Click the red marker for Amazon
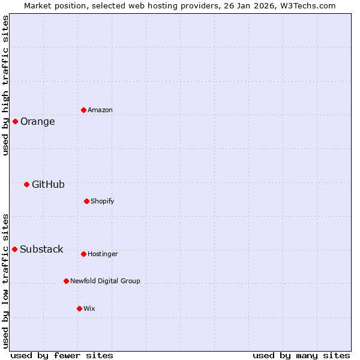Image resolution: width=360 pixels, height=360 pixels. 83,110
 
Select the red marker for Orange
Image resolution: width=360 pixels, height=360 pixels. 15,121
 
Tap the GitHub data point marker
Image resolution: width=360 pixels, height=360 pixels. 26,184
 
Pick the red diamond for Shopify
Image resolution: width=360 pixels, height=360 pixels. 86,201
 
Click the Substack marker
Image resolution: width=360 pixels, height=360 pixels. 14,249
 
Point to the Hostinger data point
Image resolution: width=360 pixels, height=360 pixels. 83,254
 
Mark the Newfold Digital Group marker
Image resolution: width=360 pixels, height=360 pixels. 66,281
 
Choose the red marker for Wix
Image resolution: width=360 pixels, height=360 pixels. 79,308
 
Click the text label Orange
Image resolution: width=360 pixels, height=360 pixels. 37,122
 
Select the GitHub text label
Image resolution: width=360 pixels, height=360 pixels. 48,185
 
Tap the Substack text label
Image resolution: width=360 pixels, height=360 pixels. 41,250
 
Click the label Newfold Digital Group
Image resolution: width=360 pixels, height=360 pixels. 105,281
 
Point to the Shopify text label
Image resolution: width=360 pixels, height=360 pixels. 102,201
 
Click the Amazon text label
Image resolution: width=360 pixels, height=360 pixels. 100,110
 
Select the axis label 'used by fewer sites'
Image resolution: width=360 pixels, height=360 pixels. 61,355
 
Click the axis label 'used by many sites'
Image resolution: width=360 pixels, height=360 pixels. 301,355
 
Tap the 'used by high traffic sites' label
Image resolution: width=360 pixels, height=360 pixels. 5,85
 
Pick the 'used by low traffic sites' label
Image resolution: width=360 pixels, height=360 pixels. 5,280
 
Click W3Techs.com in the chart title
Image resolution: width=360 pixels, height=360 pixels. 308,5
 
